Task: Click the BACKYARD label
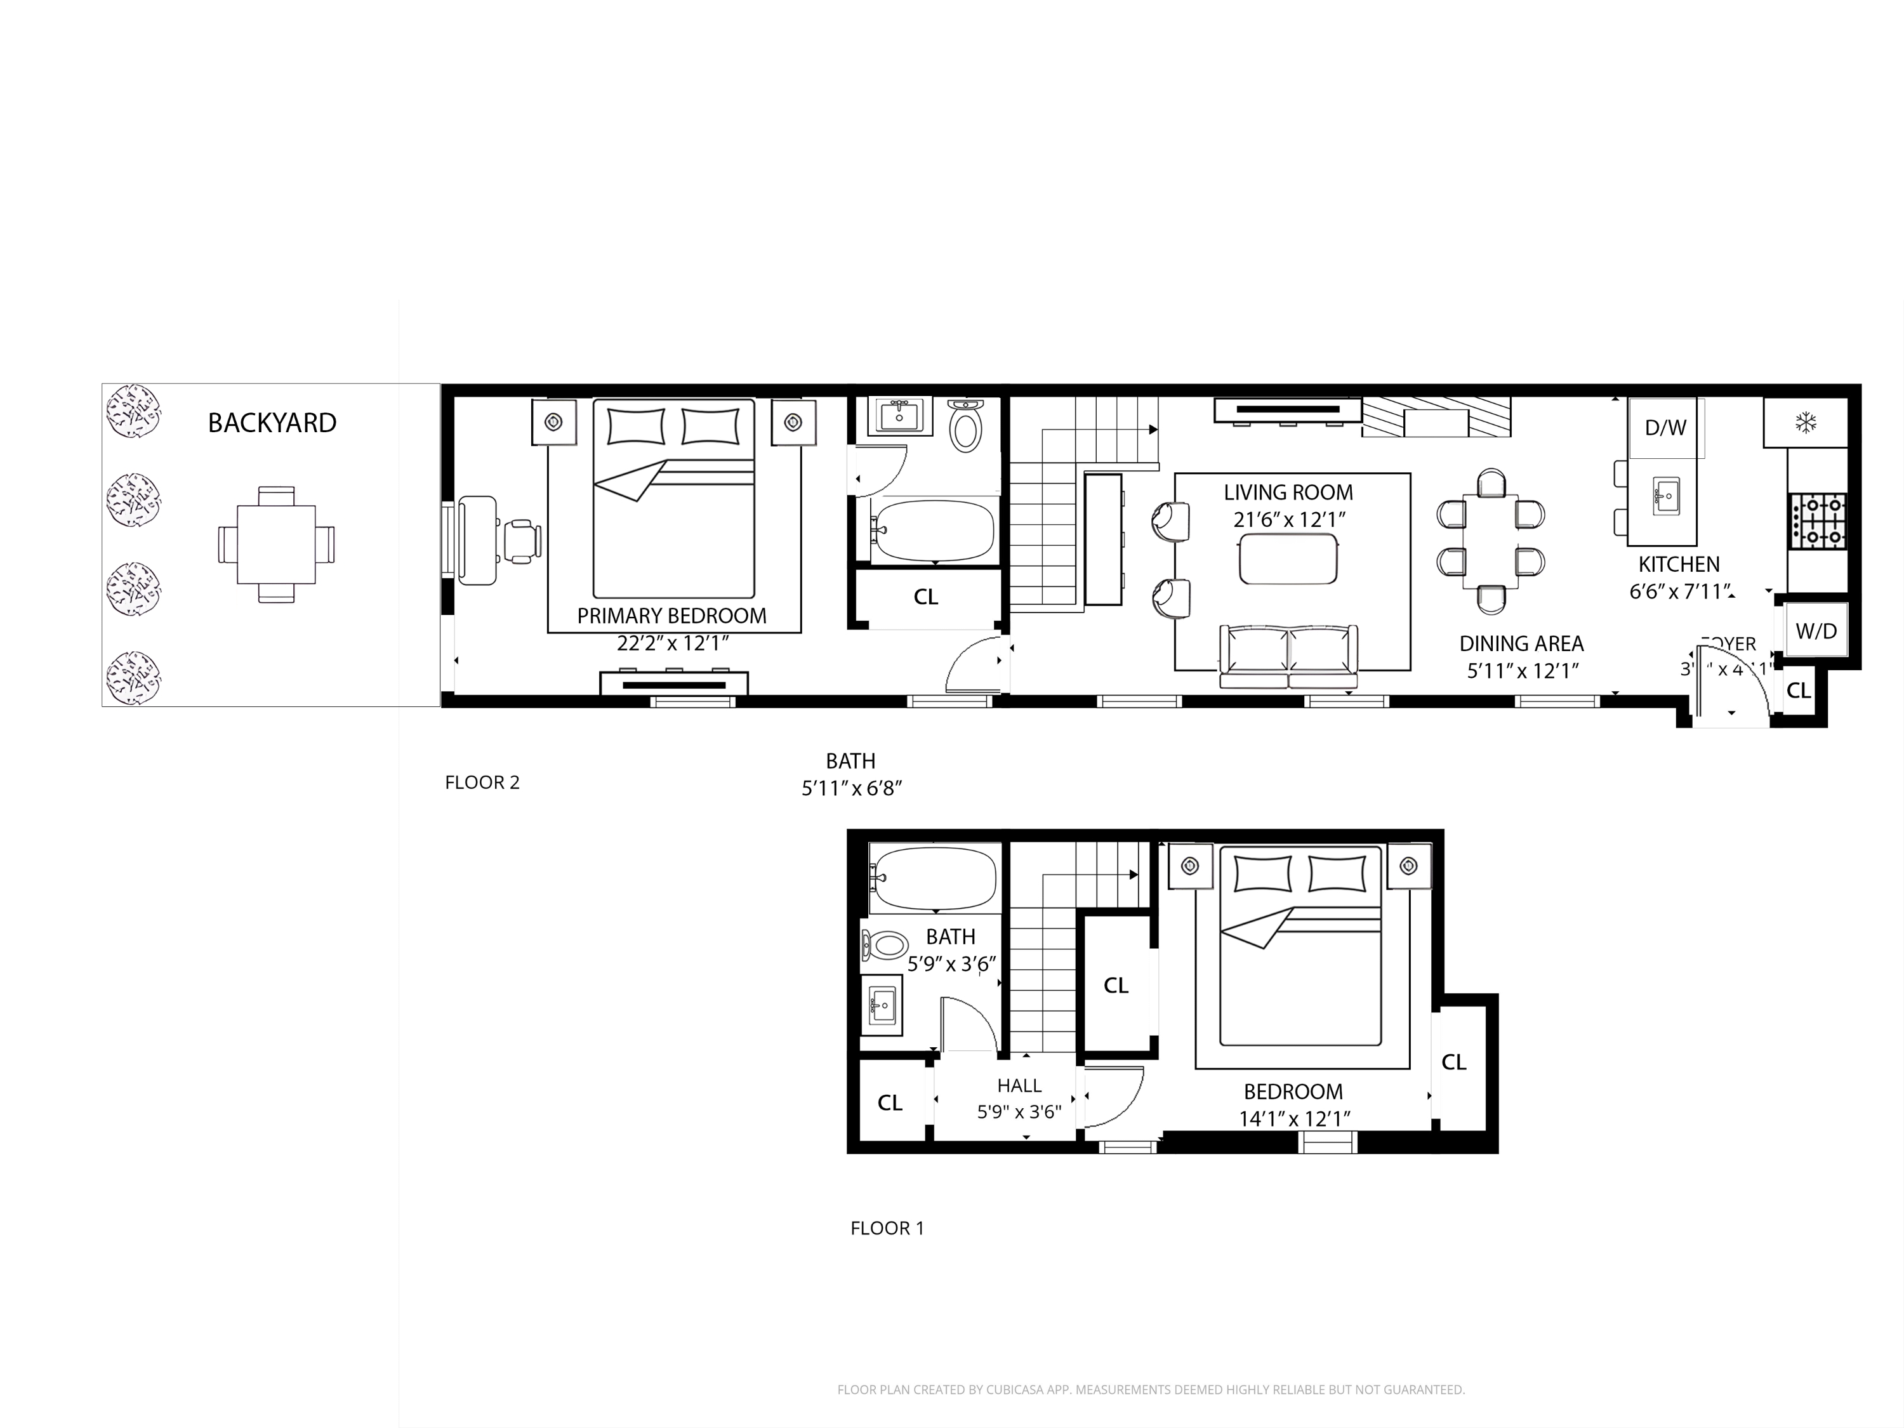(272, 423)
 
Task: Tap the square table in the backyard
(275, 544)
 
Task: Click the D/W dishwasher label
(1665, 428)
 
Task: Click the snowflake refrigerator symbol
(1805, 423)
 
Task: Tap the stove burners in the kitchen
(1818, 521)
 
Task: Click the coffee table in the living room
(1288, 559)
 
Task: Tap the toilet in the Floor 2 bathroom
(966, 426)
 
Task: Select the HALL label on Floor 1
(1019, 1085)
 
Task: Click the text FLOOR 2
(482, 783)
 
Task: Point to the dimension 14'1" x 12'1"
(1293, 1118)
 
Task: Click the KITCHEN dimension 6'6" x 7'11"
(1679, 592)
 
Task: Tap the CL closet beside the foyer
(1798, 691)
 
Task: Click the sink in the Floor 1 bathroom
(882, 1005)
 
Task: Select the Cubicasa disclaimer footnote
(1150, 1389)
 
